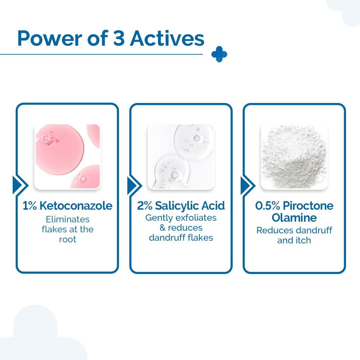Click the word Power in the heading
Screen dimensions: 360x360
[50, 38]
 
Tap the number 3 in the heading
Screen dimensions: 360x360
[119, 38]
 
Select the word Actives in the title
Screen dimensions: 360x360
[167, 38]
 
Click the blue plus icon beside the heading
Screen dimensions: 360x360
[219, 54]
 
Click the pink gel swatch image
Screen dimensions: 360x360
[67, 157]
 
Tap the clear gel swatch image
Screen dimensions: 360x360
[181, 157]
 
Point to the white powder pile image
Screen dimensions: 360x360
[294, 157]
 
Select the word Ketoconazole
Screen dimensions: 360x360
[76, 206]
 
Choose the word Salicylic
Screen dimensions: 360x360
[174, 206]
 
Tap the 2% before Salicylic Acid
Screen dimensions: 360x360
[145, 206]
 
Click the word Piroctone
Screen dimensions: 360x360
[308, 206]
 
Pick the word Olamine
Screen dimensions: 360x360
[294, 218]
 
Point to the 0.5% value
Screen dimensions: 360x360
[268, 206]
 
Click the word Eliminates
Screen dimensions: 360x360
[68, 219]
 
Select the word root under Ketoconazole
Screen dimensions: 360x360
[68, 239]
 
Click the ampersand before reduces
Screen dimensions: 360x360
[163, 228]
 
